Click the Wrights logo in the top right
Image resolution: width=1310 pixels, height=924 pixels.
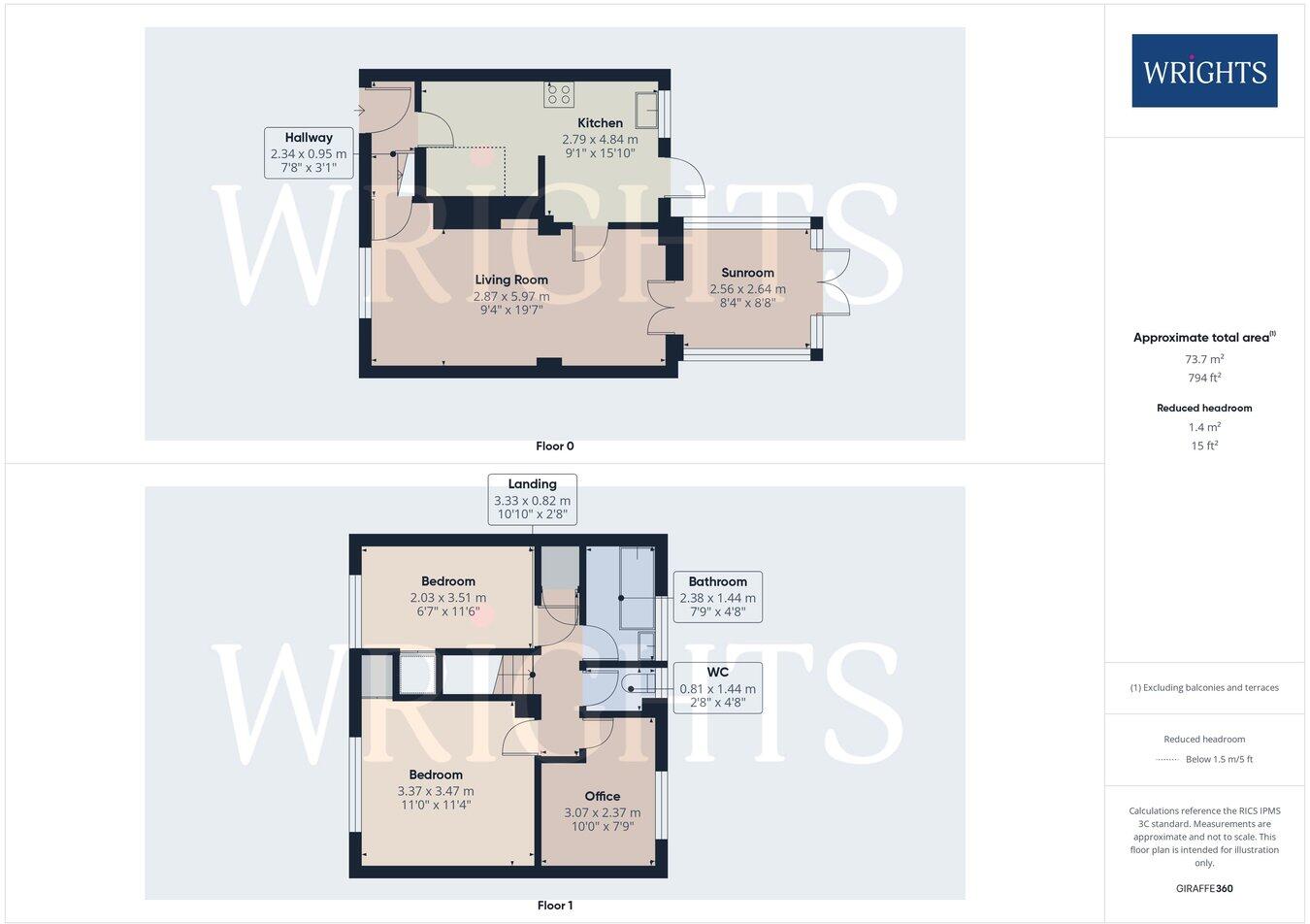click(1204, 71)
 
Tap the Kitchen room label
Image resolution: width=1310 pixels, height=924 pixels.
click(600, 123)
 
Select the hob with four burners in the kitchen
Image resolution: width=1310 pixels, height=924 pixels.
click(559, 94)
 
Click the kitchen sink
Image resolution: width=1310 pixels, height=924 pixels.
click(646, 110)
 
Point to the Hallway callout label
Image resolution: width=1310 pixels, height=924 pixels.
click(309, 138)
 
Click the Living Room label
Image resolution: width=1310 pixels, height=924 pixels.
click(511, 280)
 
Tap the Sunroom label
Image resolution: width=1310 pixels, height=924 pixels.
click(747, 273)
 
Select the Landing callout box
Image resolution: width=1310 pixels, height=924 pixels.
click(532, 499)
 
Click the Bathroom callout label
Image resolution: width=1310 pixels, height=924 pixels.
click(717, 581)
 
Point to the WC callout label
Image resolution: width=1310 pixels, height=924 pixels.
click(717, 672)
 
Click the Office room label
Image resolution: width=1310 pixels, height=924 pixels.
click(602, 797)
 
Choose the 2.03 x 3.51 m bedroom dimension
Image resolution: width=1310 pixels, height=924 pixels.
click(447, 598)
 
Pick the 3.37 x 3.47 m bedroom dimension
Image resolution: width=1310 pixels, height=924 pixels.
click(436, 791)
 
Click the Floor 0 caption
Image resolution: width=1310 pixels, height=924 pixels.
click(555, 446)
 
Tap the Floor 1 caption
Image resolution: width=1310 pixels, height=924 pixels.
click(555, 906)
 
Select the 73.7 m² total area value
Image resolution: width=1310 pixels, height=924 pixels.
click(1204, 359)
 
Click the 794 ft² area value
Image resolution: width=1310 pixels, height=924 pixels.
click(1204, 379)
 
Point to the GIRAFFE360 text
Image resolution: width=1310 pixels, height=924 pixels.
click(1204, 888)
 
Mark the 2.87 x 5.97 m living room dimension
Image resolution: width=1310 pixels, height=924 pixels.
click(511, 296)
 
